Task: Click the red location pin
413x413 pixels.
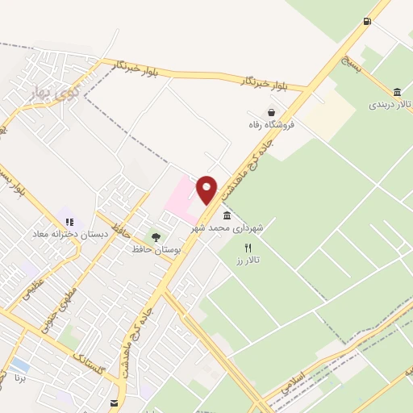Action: (207, 189)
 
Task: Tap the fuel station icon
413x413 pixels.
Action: (368, 21)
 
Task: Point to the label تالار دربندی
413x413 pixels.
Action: (390, 105)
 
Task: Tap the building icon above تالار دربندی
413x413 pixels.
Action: (397, 92)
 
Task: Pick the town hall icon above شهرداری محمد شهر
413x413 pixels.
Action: (227, 215)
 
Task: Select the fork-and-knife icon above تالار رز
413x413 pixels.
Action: (248, 248)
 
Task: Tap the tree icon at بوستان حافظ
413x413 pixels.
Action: (156, 237)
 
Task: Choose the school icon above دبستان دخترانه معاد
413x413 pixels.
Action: (69, 220)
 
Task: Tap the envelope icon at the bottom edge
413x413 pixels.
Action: (114, 402)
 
